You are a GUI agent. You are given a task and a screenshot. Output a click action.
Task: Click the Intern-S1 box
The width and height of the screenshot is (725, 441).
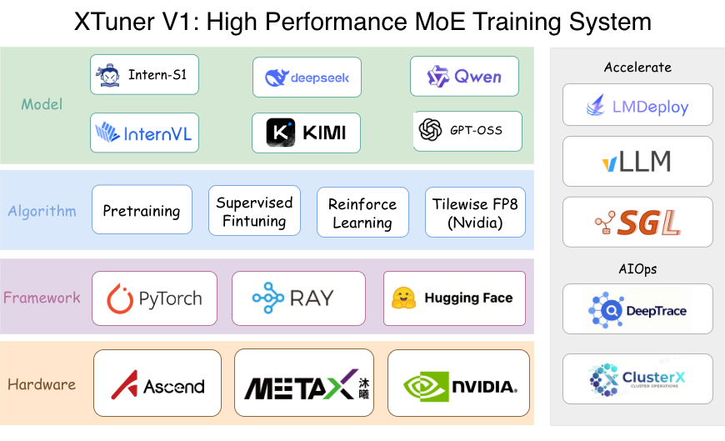point(145,76)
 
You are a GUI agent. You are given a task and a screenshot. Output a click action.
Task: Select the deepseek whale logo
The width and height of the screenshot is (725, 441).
point(276,78)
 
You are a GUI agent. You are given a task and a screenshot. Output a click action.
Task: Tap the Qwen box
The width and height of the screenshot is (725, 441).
point(464,77)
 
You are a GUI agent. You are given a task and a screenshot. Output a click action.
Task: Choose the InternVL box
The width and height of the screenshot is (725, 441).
point(145,133)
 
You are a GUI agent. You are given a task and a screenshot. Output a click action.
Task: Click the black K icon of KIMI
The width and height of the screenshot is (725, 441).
point(281,133)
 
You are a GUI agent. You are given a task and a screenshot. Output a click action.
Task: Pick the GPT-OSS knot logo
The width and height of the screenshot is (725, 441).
point(430,130)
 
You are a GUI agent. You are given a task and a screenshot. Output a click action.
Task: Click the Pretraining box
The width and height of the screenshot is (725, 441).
point(142,211)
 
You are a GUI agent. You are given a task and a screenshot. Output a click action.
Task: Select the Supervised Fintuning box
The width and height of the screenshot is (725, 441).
point(254,212)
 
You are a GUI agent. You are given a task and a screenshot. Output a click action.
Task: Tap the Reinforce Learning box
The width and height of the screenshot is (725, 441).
point(362,213)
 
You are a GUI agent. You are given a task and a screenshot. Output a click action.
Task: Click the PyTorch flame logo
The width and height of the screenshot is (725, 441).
point(120,298)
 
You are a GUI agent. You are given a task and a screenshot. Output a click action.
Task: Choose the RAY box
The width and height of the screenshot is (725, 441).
point(297,298)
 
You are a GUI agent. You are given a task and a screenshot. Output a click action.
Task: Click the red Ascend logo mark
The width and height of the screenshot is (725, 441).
point(124,384)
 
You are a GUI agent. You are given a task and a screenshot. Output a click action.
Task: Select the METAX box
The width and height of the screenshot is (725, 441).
point(311,383)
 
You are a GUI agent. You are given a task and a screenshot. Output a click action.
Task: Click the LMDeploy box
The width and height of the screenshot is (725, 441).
point(637,105)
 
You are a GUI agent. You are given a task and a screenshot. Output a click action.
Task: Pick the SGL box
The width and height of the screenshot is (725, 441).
point(637,222)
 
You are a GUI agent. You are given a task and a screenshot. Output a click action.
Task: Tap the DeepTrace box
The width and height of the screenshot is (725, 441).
point(637,309)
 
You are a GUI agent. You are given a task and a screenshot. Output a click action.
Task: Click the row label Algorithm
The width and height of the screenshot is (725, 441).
point(42,212)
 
